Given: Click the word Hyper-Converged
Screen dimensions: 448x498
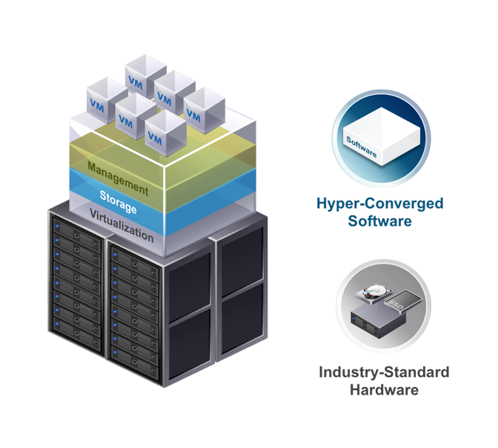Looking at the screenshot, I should point(379,204).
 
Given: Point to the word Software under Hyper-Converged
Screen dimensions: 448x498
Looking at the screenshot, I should point(379,221).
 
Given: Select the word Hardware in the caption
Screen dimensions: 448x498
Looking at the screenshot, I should point(384,390).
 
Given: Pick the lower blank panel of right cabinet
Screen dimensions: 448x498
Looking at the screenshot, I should point(241,315).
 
